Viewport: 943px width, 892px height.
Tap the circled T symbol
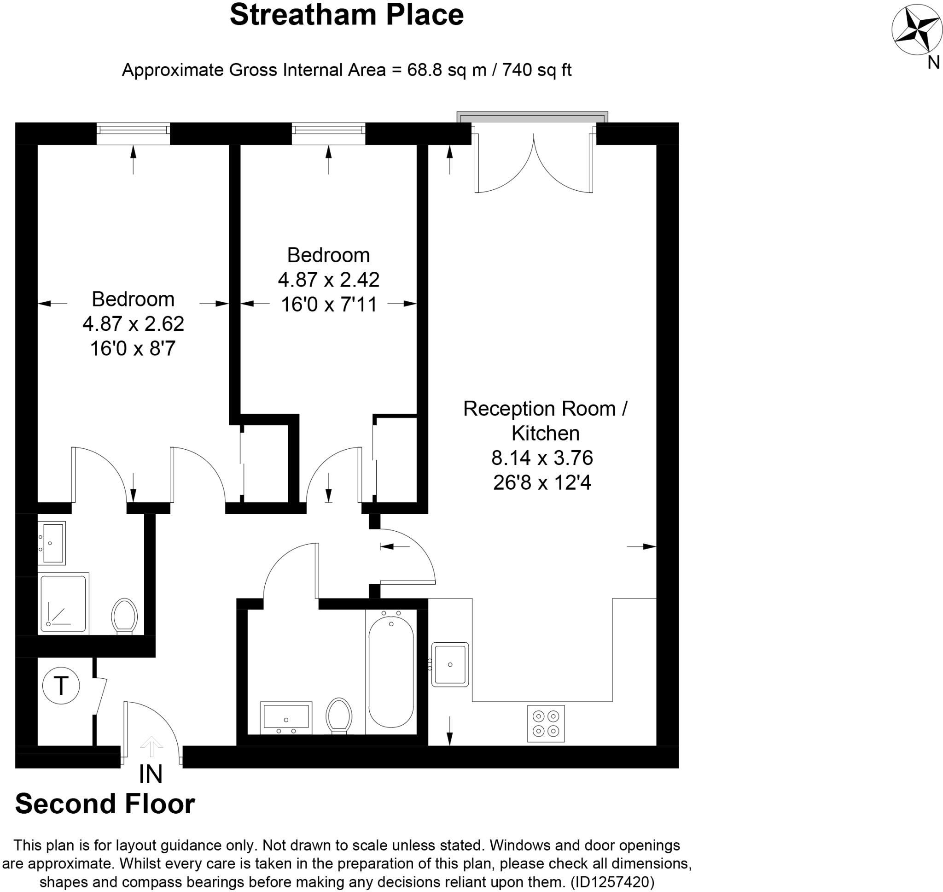[61, 686]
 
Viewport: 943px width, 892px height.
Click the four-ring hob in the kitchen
[546, 723]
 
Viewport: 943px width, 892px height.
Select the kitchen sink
[450, 664]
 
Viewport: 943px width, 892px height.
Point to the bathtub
[391, 671]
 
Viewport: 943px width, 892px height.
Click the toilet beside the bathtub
[339, 715]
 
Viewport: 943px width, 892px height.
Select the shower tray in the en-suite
[63, 604]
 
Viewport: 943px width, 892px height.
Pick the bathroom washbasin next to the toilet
[286, 717]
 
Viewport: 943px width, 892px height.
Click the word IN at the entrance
[151, 774]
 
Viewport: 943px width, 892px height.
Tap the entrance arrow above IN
[151, 745]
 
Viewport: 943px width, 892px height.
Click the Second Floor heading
[105, 804]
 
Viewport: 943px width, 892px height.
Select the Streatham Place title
[346, 15]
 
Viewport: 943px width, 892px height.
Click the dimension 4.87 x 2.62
[133, 324]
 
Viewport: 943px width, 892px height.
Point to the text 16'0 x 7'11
[329, 304]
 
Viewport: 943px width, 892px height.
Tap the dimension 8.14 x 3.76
[542, 458]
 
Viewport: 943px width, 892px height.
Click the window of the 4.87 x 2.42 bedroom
[328, 133]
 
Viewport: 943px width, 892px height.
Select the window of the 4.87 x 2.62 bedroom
[133, 133]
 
